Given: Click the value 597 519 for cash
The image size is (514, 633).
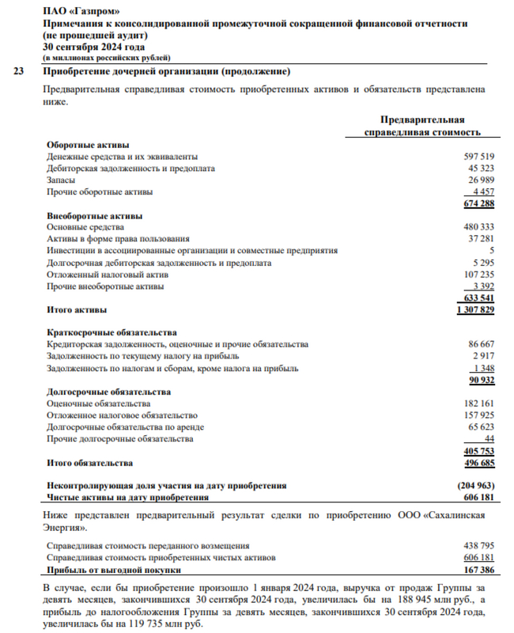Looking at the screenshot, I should pos(478,157).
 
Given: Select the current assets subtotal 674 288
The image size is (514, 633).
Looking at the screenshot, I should pos(477,204).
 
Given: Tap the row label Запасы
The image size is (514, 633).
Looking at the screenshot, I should pos(62,180).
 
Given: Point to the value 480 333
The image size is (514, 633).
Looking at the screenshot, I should pos(478,227).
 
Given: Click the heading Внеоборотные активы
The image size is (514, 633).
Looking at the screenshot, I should pos(94,215).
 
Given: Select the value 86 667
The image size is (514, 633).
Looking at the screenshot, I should pos(481,344).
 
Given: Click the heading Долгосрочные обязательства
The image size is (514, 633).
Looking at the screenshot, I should pos(108,392).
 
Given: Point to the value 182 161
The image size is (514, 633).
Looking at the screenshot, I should pos(478,404).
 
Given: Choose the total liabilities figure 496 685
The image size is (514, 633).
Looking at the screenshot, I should pos(478,463).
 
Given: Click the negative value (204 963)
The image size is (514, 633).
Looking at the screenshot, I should pos(476,486).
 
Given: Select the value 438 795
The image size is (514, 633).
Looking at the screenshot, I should pos(478,545).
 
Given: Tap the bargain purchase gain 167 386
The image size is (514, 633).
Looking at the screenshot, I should pos(478,569).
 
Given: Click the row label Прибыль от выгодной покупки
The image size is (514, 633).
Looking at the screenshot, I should pos(115,569).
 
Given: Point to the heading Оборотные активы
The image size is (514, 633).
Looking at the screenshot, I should pos(86,145).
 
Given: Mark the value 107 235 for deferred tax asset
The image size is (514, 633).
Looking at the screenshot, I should pos(478,274).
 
